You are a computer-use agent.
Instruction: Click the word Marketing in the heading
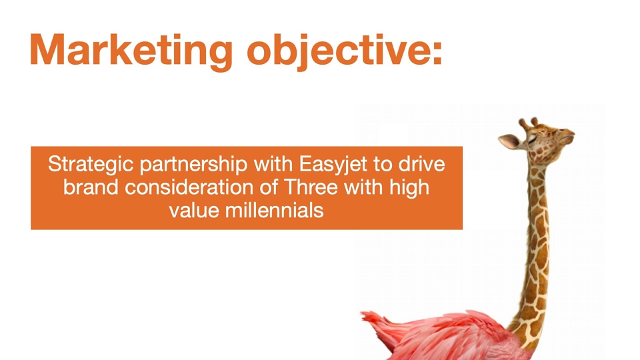tap(131, 50)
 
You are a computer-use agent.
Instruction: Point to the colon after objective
tap(437, 54)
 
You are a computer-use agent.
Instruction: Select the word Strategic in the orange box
tap(91, 165)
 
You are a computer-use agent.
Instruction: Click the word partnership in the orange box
tap(193, 165)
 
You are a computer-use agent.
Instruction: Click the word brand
tap(91, 187)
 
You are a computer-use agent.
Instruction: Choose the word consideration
tap(190, 187)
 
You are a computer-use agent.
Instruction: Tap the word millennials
tap(274, 211)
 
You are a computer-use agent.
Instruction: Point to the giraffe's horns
tap(528, 123)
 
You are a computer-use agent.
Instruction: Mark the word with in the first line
tap(273, 164)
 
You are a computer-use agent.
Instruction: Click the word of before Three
tap(269, 187)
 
